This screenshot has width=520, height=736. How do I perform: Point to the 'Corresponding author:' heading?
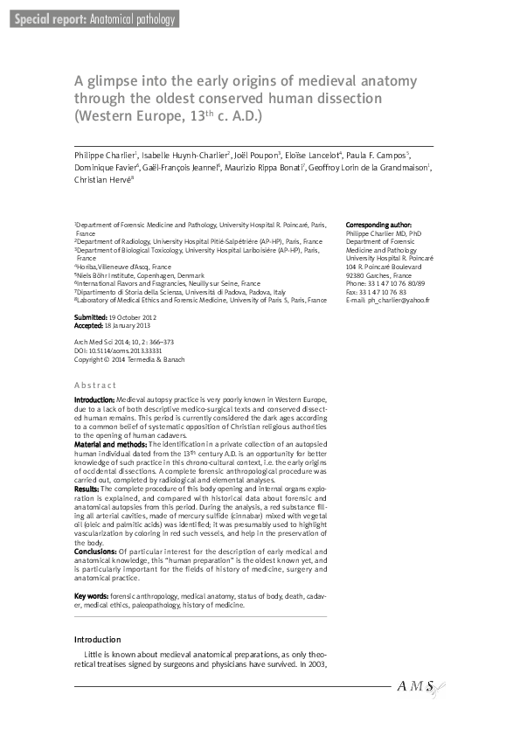pyautogui.click(x=378, y=225)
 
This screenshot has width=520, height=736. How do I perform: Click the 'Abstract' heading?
pyautogui.click(x=95, y=385)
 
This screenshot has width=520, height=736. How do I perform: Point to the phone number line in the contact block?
pyautogui.click(x=385, y=284)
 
